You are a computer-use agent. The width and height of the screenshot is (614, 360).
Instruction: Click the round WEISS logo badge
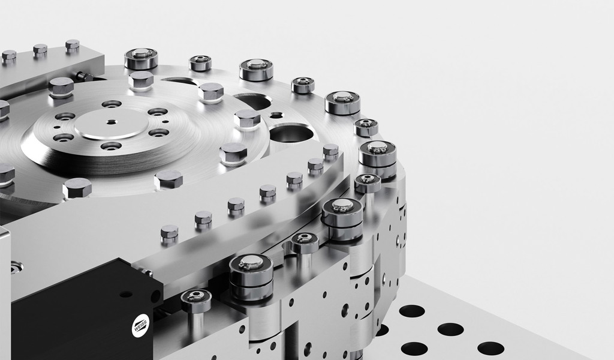(x=140, y=326)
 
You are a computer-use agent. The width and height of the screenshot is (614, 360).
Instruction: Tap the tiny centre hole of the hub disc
(x=112, y=121)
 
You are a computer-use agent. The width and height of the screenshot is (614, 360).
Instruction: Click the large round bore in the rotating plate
(x=291, y=133)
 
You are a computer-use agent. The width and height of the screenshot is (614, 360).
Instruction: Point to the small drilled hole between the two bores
(x=276, y=115)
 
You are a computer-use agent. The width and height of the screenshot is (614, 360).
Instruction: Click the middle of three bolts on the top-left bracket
(x=40, y=50)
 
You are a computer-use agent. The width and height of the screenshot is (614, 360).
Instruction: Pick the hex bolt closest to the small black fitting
(x=61, y=87)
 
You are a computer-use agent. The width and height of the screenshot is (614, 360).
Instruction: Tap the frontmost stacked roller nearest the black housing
(x=251, y=277)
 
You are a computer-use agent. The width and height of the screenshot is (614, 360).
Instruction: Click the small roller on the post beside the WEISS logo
(x=196, y=300)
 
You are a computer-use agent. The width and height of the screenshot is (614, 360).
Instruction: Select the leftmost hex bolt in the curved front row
(x=170, y=234)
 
